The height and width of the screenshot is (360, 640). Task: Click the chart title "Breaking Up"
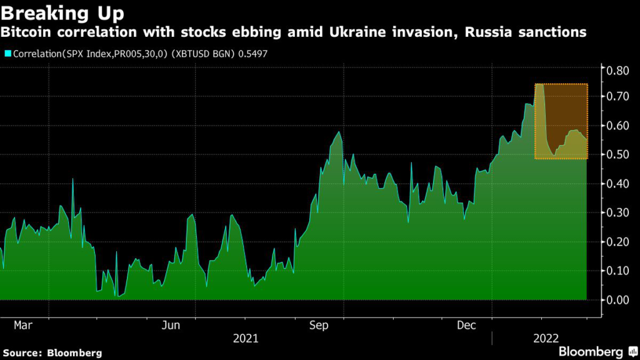62,12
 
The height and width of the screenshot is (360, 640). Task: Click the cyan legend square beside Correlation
7,54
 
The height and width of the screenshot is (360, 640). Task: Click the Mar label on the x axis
23,326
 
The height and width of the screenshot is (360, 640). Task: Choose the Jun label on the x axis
171,326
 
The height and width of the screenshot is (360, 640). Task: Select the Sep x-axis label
319,326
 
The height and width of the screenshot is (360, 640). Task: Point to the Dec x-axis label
467,326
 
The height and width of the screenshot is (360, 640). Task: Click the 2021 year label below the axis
246,339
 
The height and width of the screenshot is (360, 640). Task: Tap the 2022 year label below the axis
545,339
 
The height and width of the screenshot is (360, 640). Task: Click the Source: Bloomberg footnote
52,352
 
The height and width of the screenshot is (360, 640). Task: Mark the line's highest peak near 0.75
539,84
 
